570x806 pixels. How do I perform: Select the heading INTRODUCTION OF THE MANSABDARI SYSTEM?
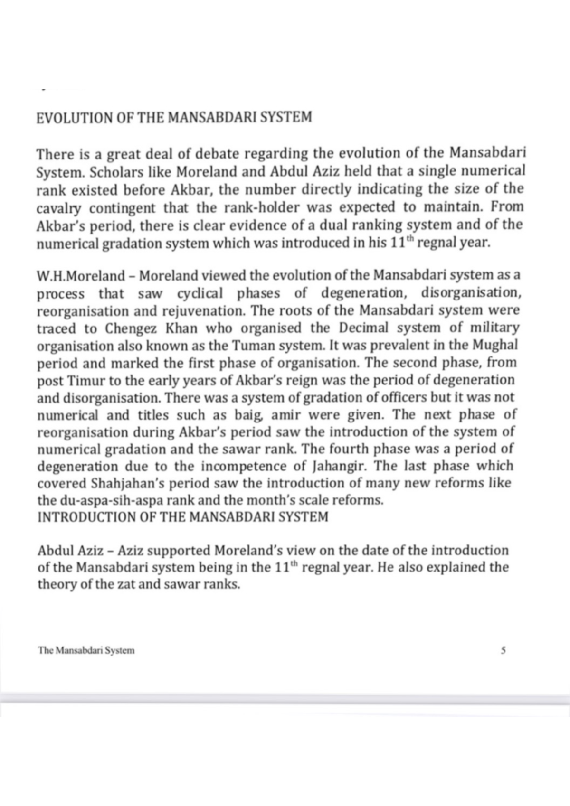pos(182,517)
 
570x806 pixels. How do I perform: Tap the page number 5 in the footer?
pos(503,650)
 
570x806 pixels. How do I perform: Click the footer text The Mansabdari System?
pos(86,650)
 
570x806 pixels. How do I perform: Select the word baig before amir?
pos(247,416)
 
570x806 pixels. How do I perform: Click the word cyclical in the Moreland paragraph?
pos(199,293)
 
